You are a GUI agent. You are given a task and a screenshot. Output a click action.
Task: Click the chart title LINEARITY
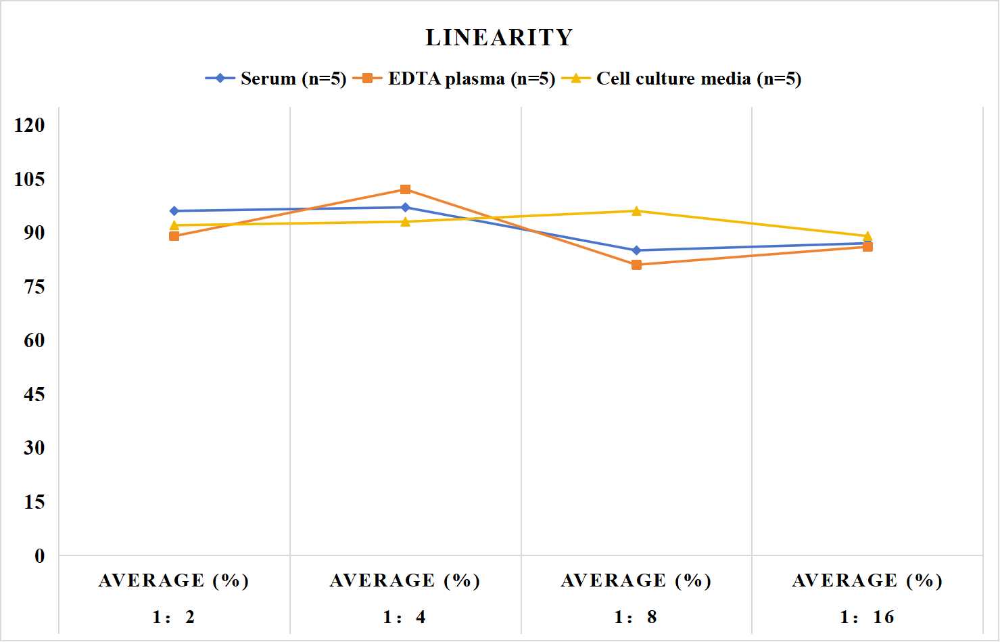499,37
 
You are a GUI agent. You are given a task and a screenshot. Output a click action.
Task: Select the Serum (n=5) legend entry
276,78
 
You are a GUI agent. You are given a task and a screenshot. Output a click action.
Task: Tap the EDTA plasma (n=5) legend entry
454,78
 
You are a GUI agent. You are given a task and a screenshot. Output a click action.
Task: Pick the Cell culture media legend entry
682,78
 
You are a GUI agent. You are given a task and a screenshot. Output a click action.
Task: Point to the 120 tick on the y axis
30,125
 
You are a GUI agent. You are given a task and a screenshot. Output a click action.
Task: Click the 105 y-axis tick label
30,179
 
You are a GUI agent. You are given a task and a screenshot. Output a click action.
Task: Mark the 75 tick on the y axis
34,287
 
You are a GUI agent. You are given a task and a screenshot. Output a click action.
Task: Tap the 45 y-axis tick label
34,394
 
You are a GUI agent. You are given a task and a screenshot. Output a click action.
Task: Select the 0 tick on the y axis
40,556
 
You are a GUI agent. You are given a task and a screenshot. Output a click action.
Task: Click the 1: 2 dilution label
174,617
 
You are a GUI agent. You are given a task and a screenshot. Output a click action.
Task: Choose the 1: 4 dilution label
404,617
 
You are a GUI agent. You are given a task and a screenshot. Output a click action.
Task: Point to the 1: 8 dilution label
636,617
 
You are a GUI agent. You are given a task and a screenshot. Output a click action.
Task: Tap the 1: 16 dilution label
867,617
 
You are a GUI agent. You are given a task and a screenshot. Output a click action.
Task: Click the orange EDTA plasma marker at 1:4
406,189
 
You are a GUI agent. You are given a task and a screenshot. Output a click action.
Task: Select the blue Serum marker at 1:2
174,211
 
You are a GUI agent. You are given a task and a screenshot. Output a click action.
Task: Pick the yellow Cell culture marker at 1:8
637,211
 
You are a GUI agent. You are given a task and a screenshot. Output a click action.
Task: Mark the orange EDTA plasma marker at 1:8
637,265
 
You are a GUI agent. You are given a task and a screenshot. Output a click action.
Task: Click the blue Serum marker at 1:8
637,250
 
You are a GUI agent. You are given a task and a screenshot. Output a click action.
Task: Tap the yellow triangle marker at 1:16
867,236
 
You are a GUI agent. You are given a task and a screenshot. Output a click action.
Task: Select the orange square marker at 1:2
174,236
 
